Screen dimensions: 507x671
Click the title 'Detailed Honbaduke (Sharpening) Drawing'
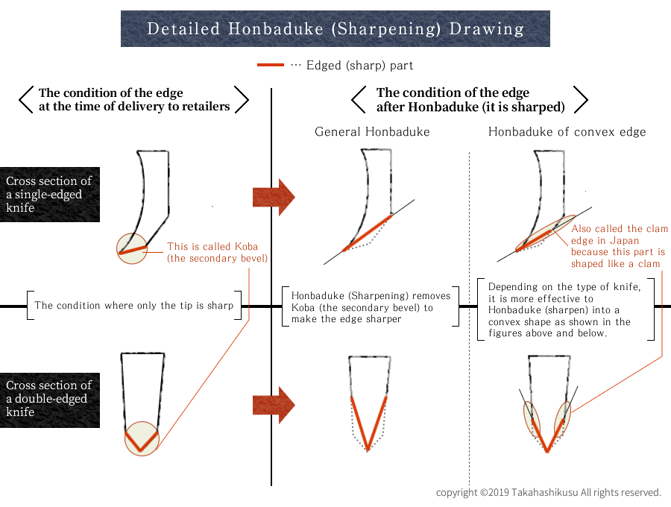point(335,29)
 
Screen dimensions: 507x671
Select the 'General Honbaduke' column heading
point(372,132)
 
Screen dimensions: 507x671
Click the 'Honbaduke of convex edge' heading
point(567,132)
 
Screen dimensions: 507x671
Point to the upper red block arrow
point(274,197)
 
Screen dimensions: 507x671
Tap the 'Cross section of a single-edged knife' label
point(50,194)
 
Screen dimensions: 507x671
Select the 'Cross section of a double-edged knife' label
point(50,398)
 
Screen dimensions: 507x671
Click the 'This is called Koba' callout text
point(217,252)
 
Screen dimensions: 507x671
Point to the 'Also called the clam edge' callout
point(620,246)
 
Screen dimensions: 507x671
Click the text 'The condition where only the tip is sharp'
point(133,305)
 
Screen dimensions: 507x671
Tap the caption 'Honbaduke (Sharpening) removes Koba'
point(371,306)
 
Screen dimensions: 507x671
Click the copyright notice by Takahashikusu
point(549,492)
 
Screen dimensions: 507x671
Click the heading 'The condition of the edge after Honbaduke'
point(470,100)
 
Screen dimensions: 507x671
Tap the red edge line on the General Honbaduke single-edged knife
point(367,233)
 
